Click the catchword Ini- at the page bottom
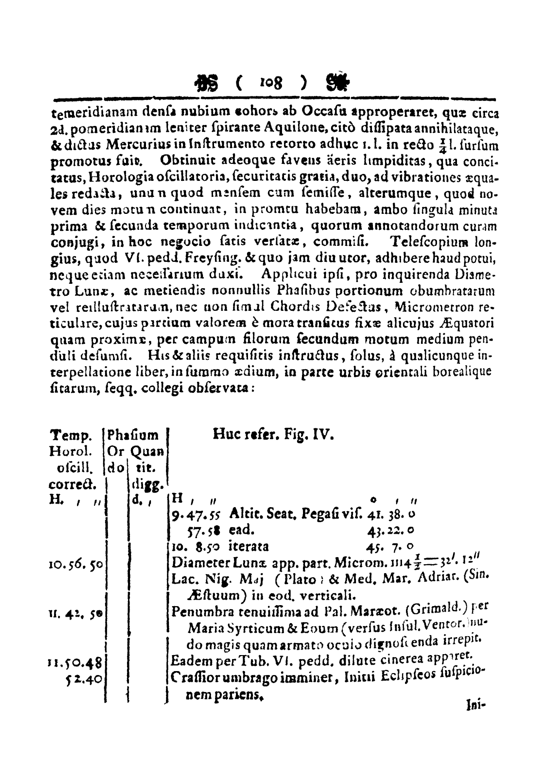pos(471,707)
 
